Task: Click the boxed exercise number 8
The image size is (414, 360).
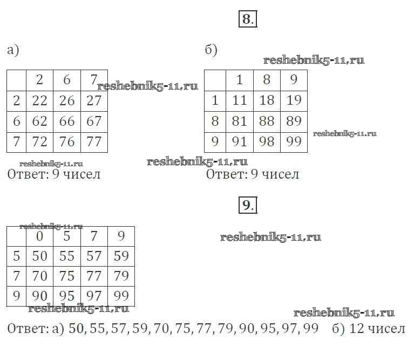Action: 247,19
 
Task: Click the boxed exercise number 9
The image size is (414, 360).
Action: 247,205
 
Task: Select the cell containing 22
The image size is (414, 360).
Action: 39,101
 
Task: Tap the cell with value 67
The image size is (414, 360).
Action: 94,121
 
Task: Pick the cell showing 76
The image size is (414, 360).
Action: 67,142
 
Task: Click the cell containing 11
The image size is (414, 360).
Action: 239,100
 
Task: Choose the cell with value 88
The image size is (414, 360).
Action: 267,121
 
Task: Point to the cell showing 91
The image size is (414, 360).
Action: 239,142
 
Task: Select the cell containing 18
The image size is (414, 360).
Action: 267,100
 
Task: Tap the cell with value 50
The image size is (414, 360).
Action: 40,256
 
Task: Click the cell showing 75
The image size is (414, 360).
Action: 67,276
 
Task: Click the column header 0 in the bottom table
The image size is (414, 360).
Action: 40,236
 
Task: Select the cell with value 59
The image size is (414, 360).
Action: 121,256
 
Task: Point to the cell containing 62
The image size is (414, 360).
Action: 39,121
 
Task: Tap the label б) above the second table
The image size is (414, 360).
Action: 211,50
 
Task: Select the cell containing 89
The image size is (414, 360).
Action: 294,121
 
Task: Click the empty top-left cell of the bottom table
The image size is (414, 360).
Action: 16,236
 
